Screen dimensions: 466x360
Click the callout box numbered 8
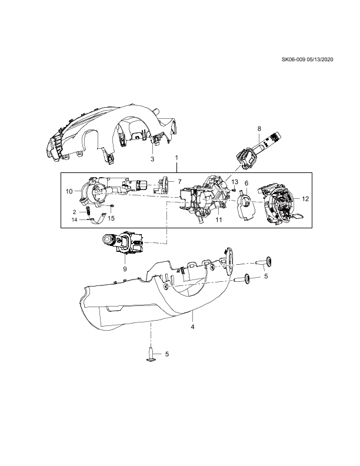259,128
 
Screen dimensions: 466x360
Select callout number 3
152,159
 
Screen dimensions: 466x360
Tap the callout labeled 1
176,158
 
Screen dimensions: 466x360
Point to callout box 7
180,182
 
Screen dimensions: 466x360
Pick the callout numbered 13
235,182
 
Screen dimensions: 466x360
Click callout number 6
246,183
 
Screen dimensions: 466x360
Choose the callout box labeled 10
69,191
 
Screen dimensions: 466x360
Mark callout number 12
305,199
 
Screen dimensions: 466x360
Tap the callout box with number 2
74,212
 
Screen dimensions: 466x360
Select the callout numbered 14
74,220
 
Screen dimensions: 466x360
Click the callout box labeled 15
111,218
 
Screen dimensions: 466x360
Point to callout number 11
219,219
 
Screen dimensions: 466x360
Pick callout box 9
125,269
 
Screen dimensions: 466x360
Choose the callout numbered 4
193,327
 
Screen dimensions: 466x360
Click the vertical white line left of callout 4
151,334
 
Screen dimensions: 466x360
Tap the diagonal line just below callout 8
235,171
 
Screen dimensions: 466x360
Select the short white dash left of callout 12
283,203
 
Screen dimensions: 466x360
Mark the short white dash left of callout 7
154,185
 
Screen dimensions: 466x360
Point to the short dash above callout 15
105,205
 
